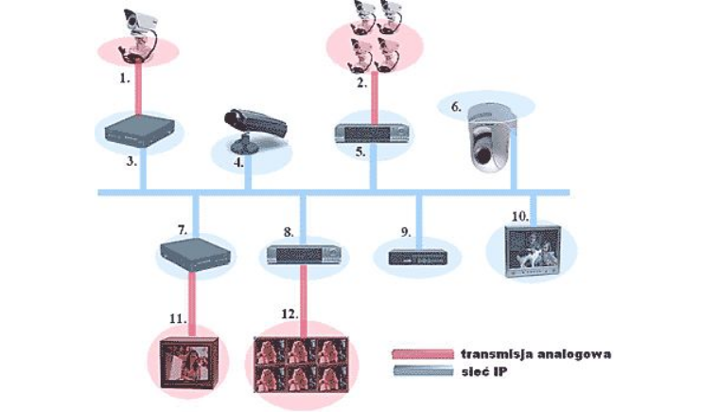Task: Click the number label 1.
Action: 125,78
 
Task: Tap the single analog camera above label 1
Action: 138,35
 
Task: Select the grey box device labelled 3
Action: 139,131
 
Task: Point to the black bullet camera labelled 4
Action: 255,129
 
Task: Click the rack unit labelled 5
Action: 372,134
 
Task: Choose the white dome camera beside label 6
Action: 492,139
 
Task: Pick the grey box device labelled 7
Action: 195,254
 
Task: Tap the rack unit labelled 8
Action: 304,255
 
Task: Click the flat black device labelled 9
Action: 418,258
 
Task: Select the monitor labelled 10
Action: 533,252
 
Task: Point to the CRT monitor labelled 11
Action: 189,363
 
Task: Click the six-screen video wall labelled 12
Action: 302,364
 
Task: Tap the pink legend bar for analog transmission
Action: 423,354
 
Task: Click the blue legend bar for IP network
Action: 423,371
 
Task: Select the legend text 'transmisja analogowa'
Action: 535,354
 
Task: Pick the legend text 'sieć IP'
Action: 484,371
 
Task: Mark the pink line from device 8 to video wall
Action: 304,300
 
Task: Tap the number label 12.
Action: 290,314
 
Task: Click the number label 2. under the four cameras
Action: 361,83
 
